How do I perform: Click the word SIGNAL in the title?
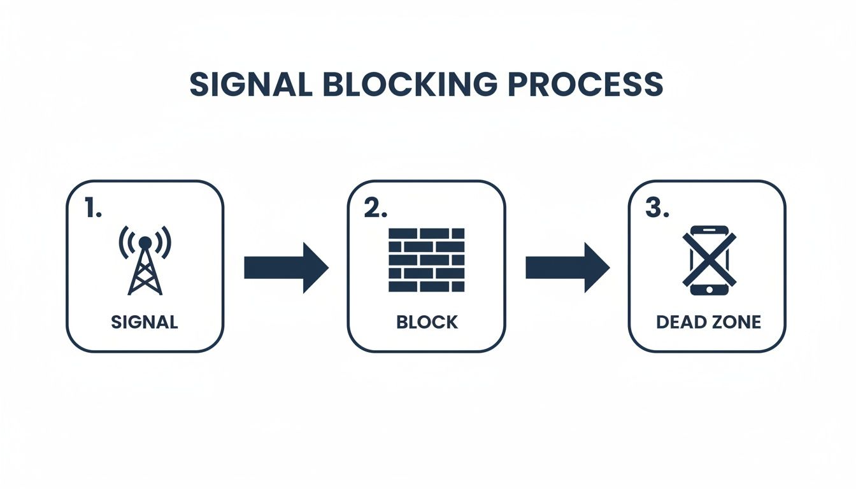click(x=251, y=85)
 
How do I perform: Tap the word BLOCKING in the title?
click(x=408, y=85)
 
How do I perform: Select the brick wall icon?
click(x=427, y=260)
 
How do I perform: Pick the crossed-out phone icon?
click(x=709, y=260)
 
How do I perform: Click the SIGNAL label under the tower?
click(x=145, y=322)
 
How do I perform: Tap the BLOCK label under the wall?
click(x=427, y=322)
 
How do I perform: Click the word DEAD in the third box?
click(x=680, y=322)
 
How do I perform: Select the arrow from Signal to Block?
click(x=286, y=267)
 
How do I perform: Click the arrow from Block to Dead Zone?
click(x=567, y=267)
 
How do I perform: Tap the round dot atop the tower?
click(x=145, y=242)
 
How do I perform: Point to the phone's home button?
click(x=709, y=290)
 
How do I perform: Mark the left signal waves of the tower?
click(x=125, y=242)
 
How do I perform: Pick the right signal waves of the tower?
click(x=166, y=242)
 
